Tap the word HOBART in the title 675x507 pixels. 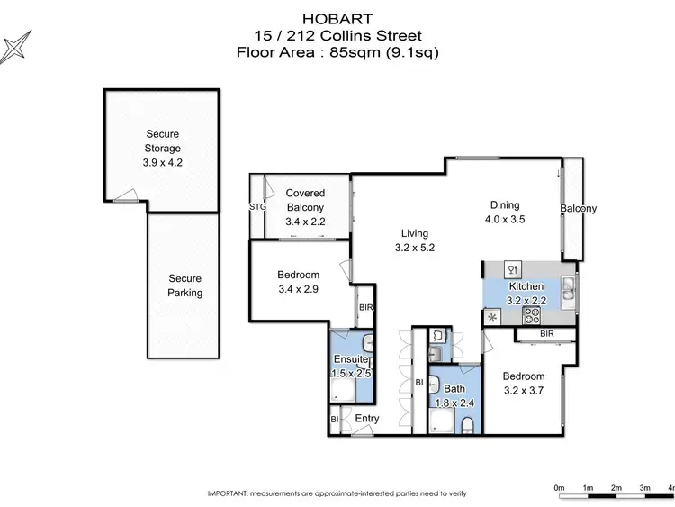click(337, 17)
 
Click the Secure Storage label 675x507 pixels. click(163, 141)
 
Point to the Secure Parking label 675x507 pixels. click(184, 285)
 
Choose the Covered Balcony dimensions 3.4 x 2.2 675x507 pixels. click(305, 222)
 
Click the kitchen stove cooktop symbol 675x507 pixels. click(532, 315)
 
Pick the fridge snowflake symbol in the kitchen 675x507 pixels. click(492, 317)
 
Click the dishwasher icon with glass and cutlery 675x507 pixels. click(512, 268)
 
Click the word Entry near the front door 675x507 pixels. click(367, 419)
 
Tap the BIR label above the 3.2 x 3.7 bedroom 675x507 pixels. click(547, 334)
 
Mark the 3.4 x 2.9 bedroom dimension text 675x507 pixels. click(298, 289)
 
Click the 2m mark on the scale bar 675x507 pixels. click(616, 487)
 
